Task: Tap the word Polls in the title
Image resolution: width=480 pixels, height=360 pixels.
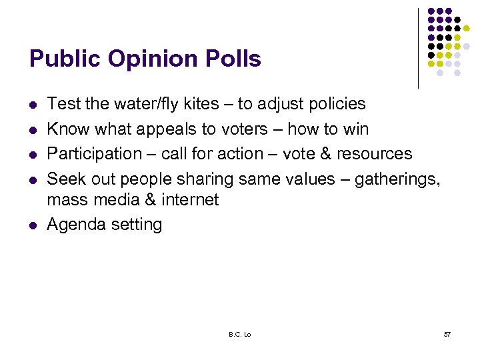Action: [231, 59]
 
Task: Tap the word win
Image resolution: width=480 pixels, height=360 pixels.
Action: [356, 129]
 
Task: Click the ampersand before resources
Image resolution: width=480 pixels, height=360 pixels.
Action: [323, 153]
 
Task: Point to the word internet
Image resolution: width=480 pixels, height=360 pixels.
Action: [189, 199]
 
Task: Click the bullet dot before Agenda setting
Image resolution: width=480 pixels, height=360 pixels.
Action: [33, 225]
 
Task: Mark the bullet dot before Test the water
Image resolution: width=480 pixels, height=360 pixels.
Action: [33, 105]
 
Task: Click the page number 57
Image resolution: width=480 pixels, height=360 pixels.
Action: [447, 333]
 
